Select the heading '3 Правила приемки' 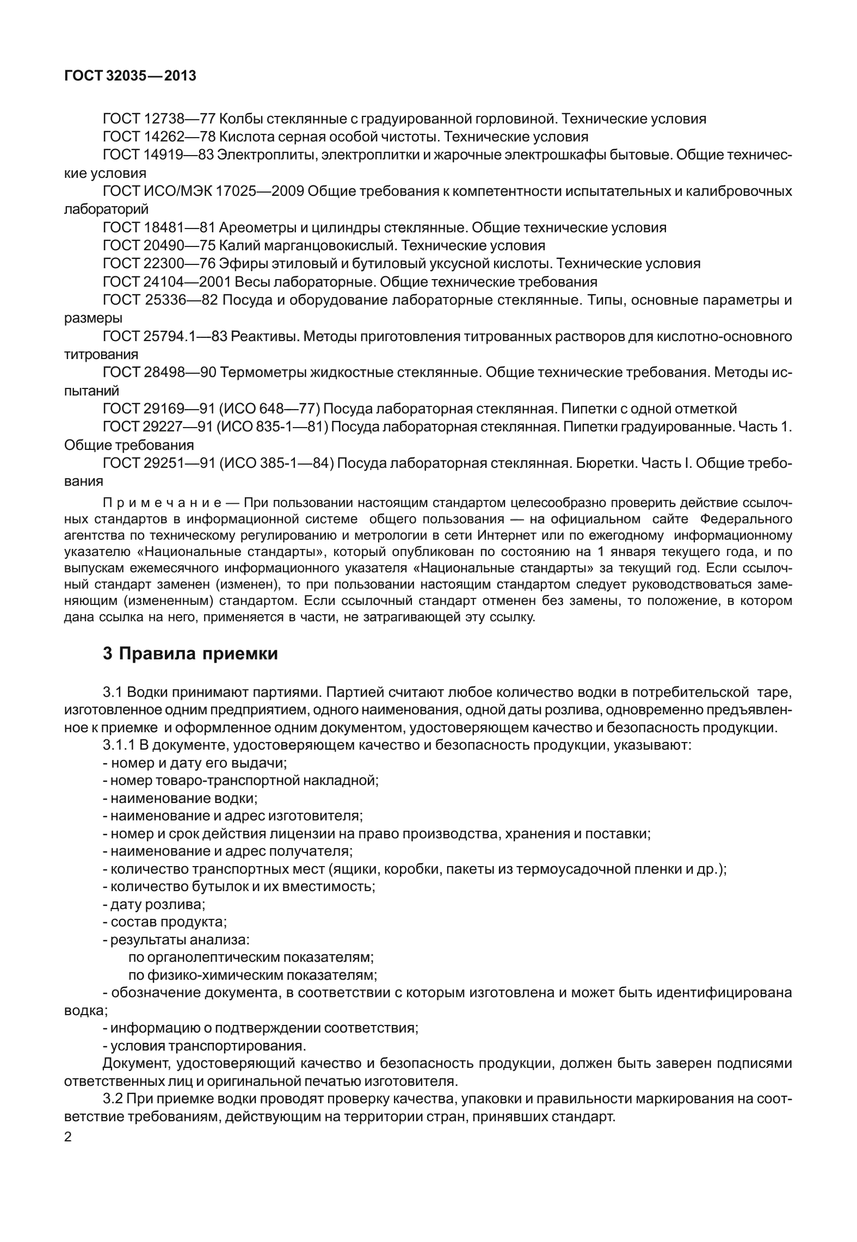[190, 653]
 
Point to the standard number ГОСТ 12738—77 [159, 119]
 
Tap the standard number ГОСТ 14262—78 [159, 137]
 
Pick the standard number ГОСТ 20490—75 [159, 245]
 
